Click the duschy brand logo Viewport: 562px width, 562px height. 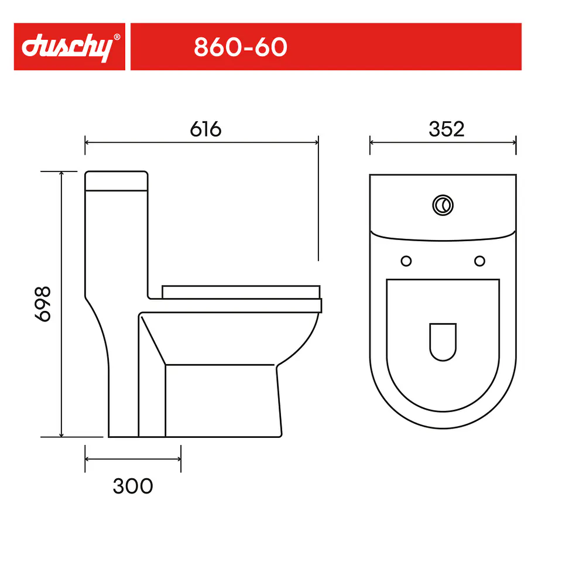coord(68,47)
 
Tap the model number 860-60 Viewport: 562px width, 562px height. coord(241,47)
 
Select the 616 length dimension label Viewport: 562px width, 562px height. coord(205,129)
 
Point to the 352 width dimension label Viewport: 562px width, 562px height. coord(447,129)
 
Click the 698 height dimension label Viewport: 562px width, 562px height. coord(43,304)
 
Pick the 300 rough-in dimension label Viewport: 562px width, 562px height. coord(133,486)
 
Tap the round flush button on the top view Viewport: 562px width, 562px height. coord(443,205)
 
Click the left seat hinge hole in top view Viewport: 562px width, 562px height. coord(406,261)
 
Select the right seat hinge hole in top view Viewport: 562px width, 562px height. coord(479,261)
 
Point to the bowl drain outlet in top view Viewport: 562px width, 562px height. coord(443,341)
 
